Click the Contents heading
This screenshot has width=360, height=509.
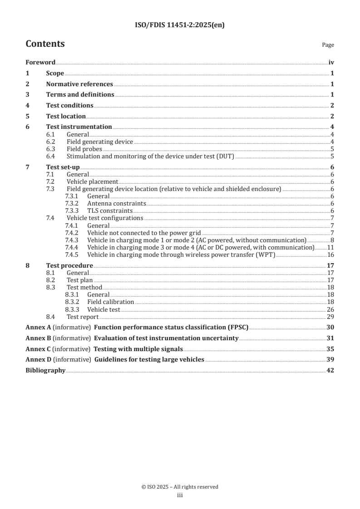[x=45, y=44]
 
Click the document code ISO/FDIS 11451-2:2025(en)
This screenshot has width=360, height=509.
[x=180, y=25]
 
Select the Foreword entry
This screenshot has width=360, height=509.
[x=40, y=63]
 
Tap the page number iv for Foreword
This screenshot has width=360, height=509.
[x=331, y=63]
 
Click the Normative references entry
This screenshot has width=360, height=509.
[x=79, y=84]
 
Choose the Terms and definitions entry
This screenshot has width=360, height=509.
[x=80, y=95]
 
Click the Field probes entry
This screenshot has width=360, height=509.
[x=84, y=149]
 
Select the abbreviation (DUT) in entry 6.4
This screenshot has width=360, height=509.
[x=226, y=156]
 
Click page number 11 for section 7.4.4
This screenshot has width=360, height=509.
[x=331, y=247]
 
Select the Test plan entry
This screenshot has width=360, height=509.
[x=80, y=280]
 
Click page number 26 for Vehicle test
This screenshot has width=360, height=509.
[x=331, y=309]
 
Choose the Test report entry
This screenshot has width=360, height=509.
[x=83, y=316]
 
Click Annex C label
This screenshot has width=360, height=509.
[x=38, y=349]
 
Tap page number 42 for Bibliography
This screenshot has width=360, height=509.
[x=331, y=371]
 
